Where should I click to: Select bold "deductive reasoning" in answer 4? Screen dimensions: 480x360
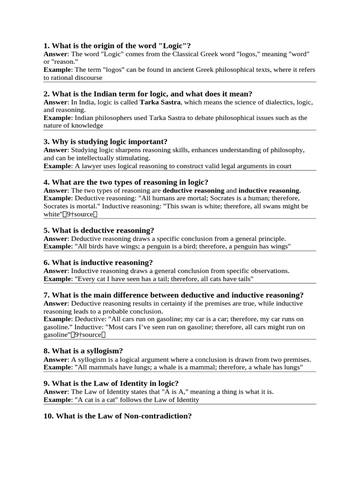coord(194,190)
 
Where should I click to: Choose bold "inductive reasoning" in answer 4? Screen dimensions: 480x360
coord(269,190)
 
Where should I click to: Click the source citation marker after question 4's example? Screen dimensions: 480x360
coord(80,214)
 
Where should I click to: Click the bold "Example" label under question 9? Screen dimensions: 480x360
coord(56,400)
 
